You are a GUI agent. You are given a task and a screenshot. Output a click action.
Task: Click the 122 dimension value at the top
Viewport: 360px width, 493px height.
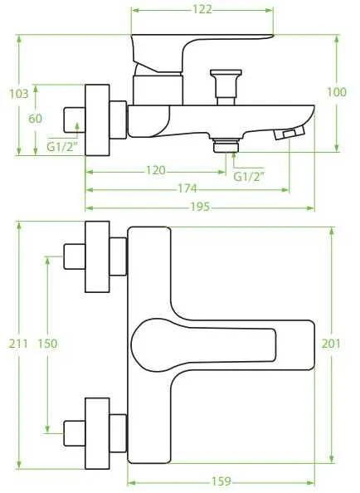click(202, 9)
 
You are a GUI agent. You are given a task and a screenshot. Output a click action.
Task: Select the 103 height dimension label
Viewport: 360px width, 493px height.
click(18, 94)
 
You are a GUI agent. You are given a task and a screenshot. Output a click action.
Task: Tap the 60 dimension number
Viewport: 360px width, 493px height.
click(35, 119)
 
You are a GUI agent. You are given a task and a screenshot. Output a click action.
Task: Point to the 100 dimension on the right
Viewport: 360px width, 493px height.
click(337, 92)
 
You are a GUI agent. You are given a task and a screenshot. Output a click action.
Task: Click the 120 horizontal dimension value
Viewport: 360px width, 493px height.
click(156, 170)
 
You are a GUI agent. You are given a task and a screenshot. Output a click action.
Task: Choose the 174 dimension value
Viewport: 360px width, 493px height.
click(187, 188)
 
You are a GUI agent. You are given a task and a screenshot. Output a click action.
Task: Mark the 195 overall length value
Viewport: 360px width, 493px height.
click(200, 207)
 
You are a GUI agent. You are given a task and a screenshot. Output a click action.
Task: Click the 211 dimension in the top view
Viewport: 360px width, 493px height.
click(18, 344)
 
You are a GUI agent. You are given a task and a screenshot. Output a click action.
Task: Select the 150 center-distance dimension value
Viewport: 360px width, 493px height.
click(48, 344)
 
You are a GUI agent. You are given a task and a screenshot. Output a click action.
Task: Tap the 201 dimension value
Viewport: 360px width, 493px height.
click(331, 344)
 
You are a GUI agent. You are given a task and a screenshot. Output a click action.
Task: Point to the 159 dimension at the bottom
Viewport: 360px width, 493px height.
click(221, 481)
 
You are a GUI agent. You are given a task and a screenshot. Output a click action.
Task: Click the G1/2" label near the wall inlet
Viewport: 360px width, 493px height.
click(61, 147)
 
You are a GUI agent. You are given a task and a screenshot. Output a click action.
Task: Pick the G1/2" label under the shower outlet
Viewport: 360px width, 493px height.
click(248, 177)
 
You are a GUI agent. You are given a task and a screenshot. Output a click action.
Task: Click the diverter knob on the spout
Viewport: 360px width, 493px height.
click(226, 87)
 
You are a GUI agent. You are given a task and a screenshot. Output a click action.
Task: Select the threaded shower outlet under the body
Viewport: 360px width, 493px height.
click(226, 145)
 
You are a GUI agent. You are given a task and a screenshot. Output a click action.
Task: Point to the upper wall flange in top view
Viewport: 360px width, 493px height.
click(97, 257)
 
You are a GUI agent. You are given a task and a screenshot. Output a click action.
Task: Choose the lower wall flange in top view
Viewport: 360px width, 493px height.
click(97, 433)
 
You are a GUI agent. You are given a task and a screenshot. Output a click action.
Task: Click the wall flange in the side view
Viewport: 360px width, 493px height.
click(97, 120)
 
